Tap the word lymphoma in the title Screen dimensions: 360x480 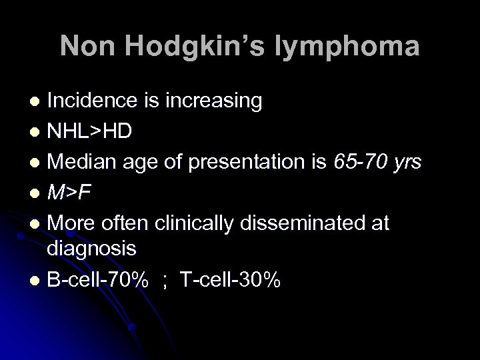point(352,47)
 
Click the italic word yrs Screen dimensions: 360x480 point(404,161)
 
